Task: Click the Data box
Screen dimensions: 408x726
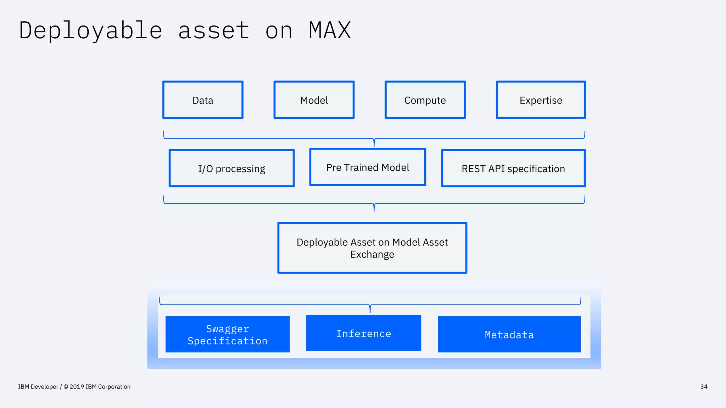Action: [203, 100]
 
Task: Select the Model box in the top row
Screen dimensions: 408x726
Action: [314, 100]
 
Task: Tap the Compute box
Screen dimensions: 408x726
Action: [425, 100]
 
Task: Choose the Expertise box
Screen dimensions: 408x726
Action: [541, 100]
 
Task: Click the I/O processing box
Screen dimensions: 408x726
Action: [231, 169]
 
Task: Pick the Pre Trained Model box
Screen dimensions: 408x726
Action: [368, 167]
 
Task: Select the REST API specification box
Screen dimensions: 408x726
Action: [513, 169]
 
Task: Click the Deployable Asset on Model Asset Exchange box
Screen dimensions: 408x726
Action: [372, 248]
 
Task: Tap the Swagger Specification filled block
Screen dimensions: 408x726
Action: [228, 334]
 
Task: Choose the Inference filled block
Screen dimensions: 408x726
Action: [364, 333]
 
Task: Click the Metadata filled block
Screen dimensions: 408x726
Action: [509, 334]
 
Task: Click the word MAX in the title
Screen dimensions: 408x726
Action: [330, 30]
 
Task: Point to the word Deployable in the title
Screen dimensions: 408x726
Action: [91, 30]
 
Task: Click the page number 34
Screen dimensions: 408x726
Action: [704, 387]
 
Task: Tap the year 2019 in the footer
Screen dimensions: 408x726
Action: [77, 387]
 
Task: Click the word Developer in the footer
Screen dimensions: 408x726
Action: [44, 387]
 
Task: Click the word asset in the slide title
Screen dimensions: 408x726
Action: [214, 30]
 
